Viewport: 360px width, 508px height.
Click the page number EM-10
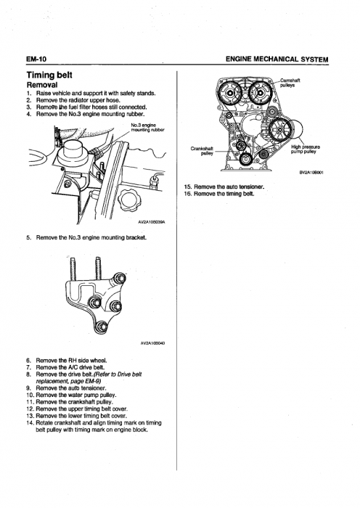[36, 59]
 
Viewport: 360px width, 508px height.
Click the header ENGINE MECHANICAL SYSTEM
[277, 59]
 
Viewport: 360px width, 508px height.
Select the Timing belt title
[49, 75]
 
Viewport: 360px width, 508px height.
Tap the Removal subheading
[42, 85]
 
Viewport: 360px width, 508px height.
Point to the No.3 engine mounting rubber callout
[147, 127]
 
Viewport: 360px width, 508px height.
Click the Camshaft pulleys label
[290, 83]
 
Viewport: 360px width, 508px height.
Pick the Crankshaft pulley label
[202, 151]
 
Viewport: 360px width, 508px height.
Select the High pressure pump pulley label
[306, 149]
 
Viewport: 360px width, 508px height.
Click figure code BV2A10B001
[311, 173]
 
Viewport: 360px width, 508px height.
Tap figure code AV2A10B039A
[152, 223]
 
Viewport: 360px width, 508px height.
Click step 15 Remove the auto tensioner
[224, 187]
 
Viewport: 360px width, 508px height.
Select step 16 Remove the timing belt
[219, 194]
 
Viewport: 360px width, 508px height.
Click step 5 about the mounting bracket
[86, 237]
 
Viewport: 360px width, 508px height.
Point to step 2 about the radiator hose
[73, 100]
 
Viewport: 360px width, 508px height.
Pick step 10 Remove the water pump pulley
[71, 395]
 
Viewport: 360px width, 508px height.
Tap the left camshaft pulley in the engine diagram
[230, 94]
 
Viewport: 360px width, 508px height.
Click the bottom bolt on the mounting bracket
[102, 327]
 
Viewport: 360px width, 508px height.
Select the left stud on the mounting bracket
[73, 269]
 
